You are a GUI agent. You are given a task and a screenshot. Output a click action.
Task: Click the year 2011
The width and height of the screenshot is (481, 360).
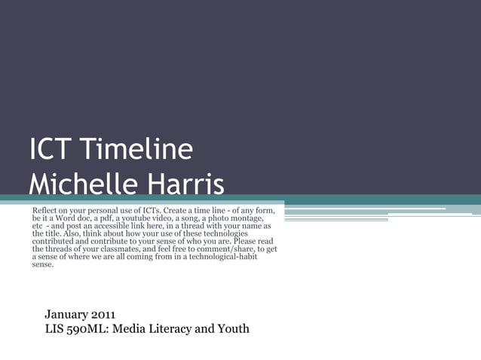[104, 313]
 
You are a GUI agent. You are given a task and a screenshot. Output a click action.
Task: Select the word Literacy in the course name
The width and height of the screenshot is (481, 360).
[173, 328]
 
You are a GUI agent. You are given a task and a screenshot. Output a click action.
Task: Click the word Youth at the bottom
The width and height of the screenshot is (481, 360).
[233, 328]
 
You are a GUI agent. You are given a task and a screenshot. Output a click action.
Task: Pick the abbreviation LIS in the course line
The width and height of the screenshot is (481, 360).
[55, 328]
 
